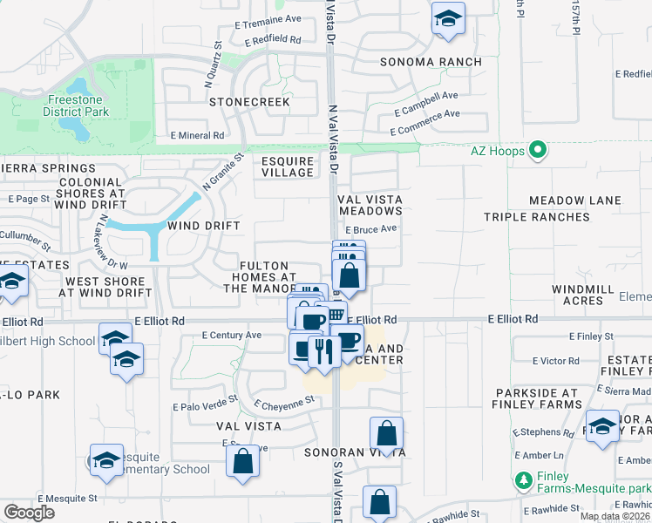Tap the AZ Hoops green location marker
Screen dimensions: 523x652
pos(538,151)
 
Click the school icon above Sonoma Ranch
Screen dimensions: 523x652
pos(448,18)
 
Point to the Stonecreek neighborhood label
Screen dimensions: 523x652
pos(249,102)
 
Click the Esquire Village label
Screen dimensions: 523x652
pos(288,166)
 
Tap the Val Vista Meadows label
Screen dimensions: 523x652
pos(370,205)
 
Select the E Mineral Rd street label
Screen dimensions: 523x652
pos(198,135)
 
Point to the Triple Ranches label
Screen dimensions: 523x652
pos(537,217)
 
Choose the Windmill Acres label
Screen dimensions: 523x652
pos(583,295)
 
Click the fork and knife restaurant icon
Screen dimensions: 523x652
pos(323,350)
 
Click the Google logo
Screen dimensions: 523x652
pos(29,512)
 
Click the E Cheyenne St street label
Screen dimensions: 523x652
pos(284,403)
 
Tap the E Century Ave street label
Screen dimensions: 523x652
pos(232,335)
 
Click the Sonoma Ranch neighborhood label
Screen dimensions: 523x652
pos(431,62)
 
